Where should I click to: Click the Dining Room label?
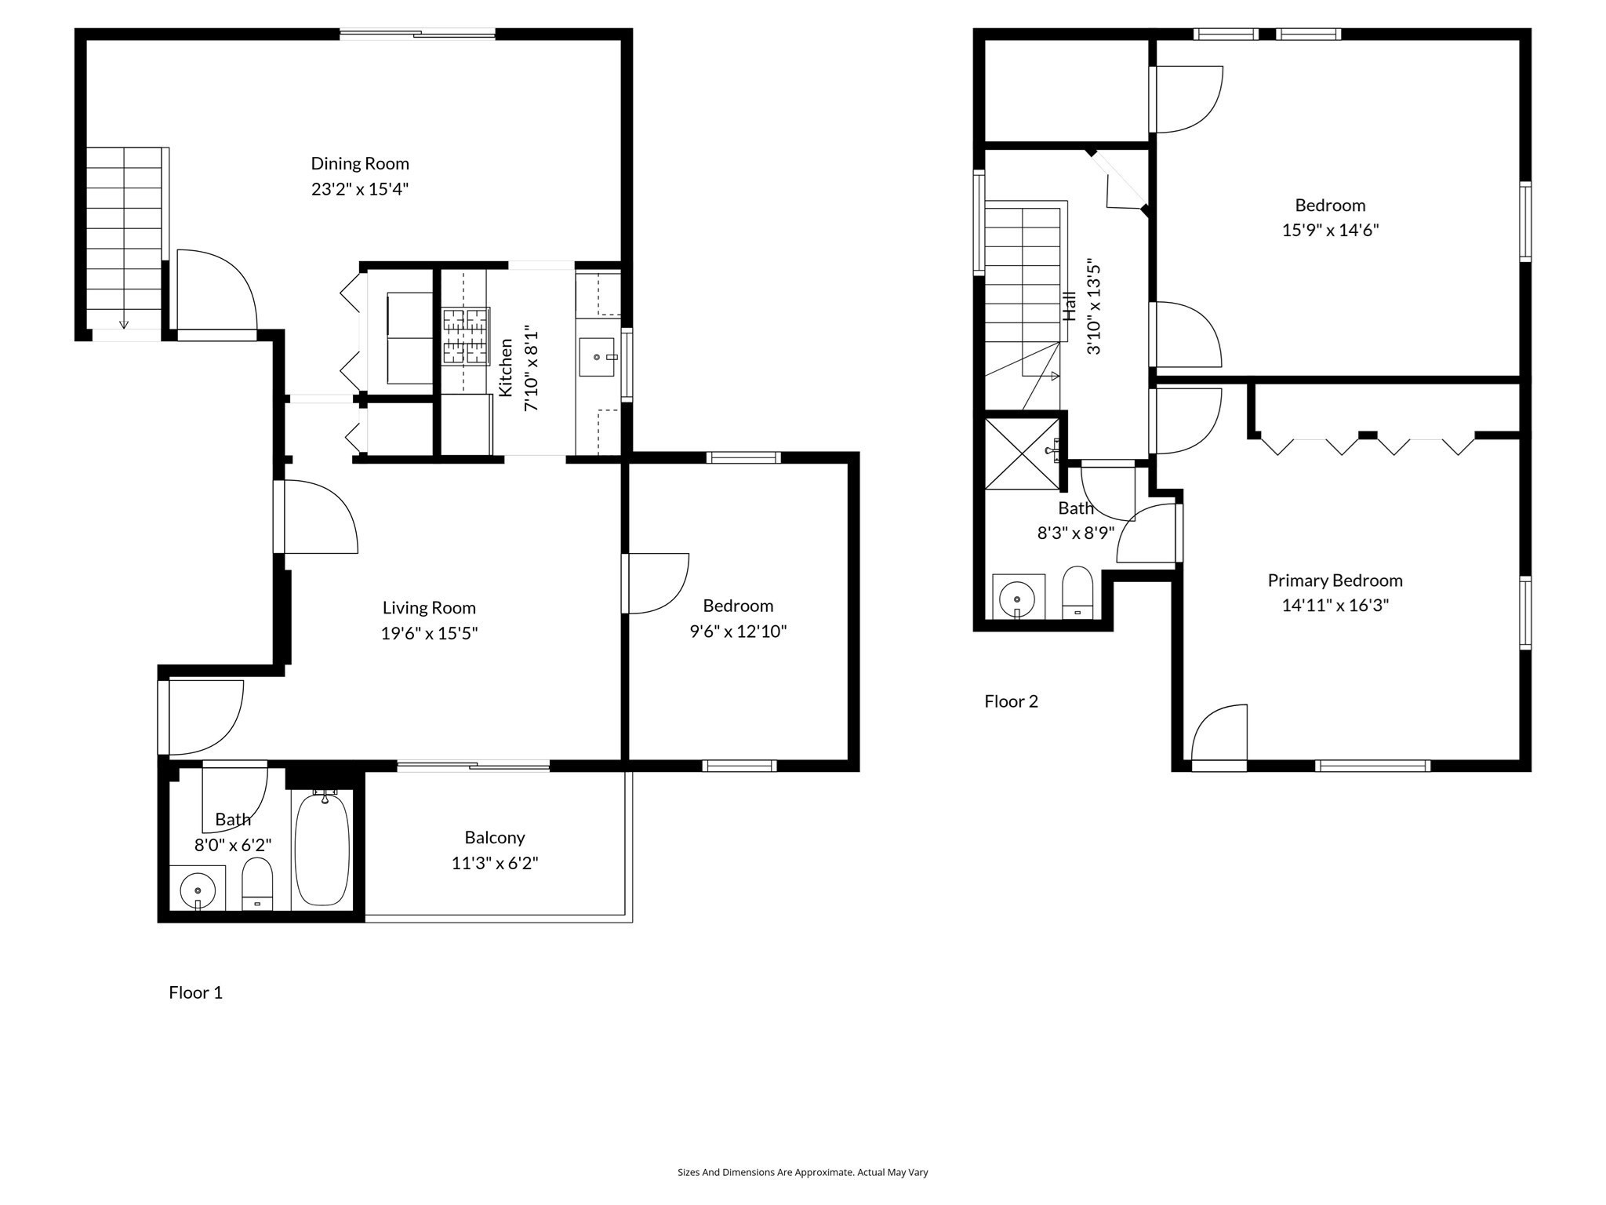(360, 164)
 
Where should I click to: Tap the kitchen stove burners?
(465, 336)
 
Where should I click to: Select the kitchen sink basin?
(597, 357)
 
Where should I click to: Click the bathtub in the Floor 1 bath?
(322, 850)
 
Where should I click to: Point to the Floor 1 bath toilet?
(257, 885)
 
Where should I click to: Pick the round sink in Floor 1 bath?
(198, 890)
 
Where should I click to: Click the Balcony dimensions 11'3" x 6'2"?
(494, 864)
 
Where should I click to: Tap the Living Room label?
(429, 608)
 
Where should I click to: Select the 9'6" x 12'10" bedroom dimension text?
(738, 632)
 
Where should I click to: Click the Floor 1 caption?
(195, 993)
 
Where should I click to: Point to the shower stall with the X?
(1021, 453)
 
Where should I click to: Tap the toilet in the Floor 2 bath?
(1077, 592)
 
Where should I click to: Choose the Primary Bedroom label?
(1335, 581)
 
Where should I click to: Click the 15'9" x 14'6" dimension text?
(1330, 231)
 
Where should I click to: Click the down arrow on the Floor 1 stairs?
(123, 323)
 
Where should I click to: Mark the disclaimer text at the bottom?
(802, 1173)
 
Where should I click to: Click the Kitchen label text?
(506, 367)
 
